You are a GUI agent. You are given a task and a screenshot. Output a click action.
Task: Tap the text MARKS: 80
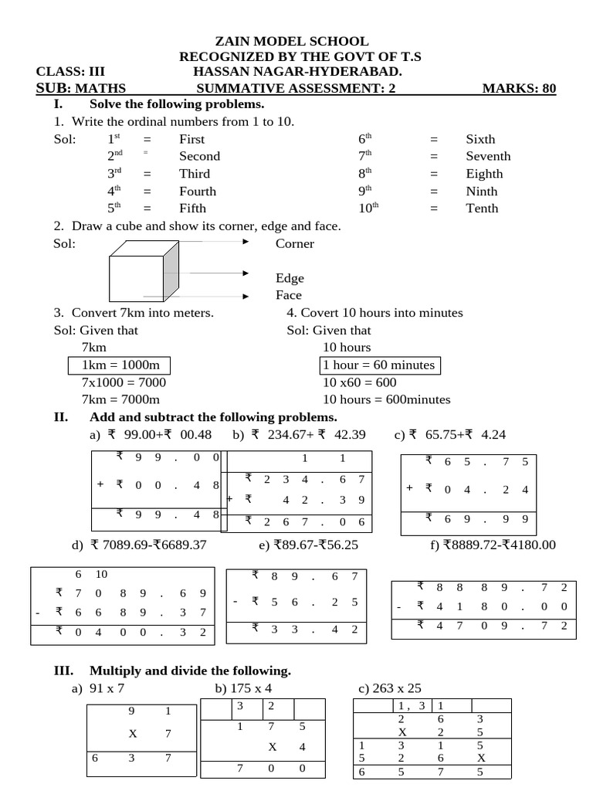click(519, 88)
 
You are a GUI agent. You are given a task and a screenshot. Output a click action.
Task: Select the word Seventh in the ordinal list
click(488, 156)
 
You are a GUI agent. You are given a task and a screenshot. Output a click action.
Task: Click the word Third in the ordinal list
click(195, 174)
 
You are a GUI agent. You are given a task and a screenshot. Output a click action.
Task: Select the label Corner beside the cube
click(295, 244)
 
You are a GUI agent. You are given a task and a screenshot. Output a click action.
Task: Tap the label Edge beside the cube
click(290, 278)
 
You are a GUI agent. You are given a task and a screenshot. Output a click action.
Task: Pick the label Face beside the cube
click(289, 295)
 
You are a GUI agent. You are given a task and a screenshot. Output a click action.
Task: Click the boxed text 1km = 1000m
click(120, 365)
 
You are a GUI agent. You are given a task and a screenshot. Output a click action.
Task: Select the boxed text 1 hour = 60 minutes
click(379, 365)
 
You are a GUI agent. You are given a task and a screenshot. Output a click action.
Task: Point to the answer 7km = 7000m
click(120, 399)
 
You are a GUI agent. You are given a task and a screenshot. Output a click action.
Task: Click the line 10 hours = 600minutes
click(386, 399)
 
